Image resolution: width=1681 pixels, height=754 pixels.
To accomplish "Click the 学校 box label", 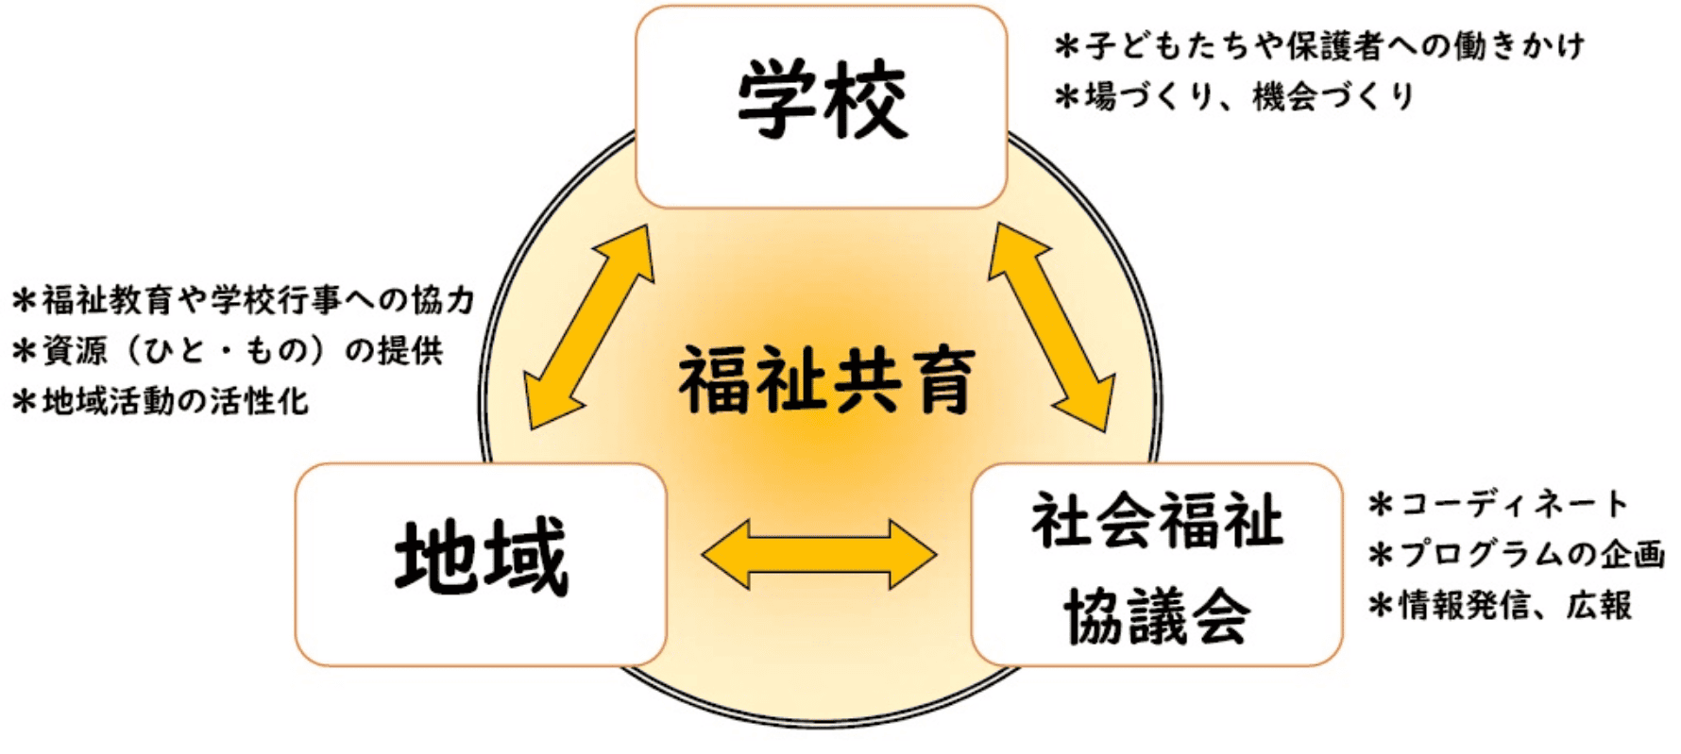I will click(x=822, y=102).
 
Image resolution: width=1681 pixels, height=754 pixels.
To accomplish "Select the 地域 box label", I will click(x=481, y=558).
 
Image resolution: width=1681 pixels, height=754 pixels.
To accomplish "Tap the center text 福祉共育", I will click(x=825, y=380).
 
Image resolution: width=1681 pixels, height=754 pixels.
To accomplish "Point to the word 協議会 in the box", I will click(x=1157, y=616).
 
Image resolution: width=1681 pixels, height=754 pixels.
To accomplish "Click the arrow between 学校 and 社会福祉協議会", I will click(x=1051, y=327).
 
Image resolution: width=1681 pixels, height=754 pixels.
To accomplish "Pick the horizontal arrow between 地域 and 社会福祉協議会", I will click(x=819, y=555).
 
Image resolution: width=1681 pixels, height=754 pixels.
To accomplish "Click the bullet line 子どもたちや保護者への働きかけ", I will click(x=1319, y=46).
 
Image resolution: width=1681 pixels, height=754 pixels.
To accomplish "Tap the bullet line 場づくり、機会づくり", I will click(x=1234, y=96).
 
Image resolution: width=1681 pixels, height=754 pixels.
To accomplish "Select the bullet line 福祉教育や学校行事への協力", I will click(x=243, y=300).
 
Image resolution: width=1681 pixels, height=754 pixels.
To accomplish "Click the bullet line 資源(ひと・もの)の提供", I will click(x=227, y=351).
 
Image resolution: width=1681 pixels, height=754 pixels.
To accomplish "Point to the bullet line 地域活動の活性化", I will click(x=161, y=401).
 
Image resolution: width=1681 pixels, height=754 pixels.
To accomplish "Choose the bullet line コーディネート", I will click(x=1499, y=504).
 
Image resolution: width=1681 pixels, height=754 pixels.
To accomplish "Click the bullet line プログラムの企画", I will click(x=1516, y=555).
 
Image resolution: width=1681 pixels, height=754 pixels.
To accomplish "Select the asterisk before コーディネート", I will click(x=1381, y=505).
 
